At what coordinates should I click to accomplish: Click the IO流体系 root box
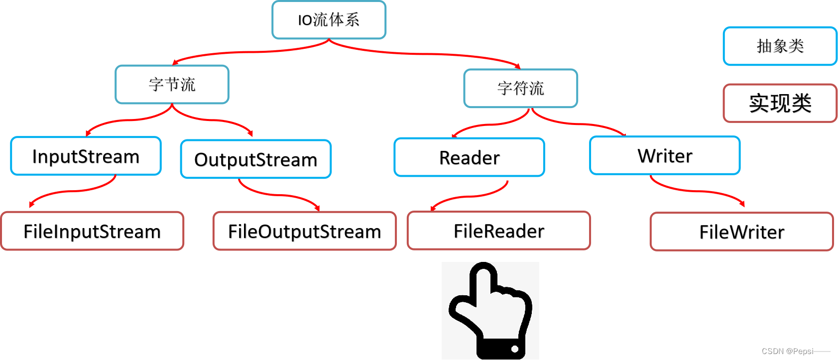329,20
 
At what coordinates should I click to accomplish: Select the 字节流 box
172,85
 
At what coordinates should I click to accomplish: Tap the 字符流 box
520,88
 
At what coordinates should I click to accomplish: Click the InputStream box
86,156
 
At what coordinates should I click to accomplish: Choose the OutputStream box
255,159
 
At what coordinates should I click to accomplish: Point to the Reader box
469,157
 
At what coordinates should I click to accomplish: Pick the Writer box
665,156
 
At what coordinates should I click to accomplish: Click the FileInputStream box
92,231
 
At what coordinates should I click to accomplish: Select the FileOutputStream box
304,231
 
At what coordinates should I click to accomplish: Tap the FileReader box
499,231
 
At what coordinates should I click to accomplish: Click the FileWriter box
741,232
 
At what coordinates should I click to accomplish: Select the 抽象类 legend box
780,46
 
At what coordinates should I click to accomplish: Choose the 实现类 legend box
780,103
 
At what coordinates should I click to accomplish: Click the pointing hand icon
490,311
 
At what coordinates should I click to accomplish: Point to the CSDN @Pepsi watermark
788,351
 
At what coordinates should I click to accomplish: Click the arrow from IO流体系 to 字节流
249,52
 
